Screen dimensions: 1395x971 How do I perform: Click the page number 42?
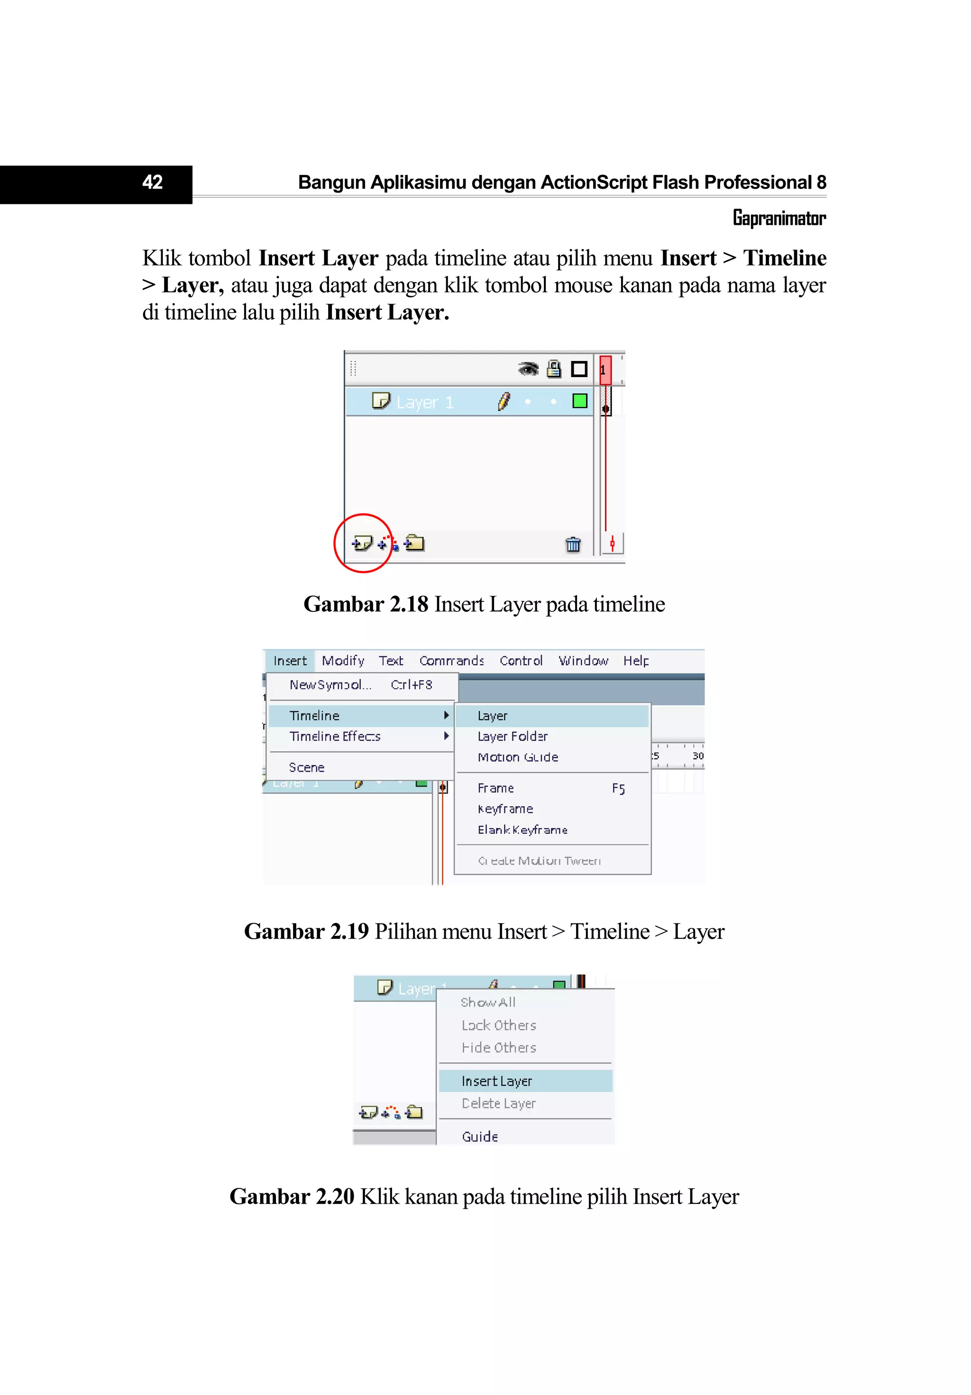[x=152, y=182]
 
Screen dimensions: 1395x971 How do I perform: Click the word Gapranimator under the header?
[x=779, y=218]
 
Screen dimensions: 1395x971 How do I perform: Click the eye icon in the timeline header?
[x=528, y=369]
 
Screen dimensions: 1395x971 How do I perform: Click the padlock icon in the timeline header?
[x=553, y=369]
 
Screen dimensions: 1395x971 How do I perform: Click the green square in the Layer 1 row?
[x=579, y=401]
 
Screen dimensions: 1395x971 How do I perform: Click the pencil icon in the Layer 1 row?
[x=504, y=402]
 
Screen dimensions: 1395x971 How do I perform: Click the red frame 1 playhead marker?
[x=605, y=370]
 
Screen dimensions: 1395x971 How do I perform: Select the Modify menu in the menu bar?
[x=342, y=660]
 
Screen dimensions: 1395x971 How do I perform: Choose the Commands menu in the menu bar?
[x=451, y=660]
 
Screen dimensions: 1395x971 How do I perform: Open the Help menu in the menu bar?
[x=635, y=660]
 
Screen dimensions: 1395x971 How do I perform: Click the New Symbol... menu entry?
[x=330, y=685]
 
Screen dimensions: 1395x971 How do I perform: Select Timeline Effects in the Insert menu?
[x=335, y=736]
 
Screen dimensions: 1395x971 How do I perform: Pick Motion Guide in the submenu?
[x=517, y=757]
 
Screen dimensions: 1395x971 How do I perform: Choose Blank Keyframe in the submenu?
[x=522, y=830]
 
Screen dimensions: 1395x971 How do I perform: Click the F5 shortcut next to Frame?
[x=618, y=789]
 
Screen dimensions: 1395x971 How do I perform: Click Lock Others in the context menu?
[x=499, y=1025]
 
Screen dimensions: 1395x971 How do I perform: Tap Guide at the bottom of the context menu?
[x=480, y=1136]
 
